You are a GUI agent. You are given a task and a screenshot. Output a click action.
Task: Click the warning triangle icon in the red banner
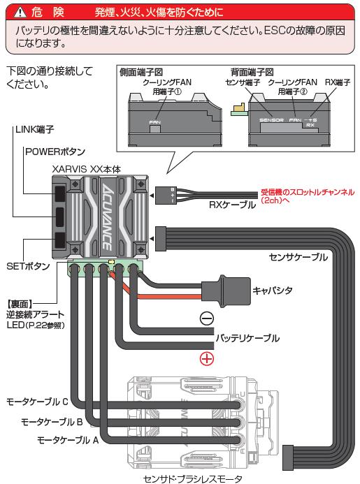pos(20,13)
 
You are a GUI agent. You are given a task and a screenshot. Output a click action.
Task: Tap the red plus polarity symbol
pos(207,359)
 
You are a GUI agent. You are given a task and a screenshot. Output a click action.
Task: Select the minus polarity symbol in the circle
pos(207,318)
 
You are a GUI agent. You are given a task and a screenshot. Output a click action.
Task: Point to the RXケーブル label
pos(232,205)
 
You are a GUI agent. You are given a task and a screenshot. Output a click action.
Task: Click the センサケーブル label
pos(298,257)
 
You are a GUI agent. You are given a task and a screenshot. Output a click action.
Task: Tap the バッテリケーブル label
pos(247,338)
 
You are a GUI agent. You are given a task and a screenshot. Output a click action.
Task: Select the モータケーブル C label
pos(37,402)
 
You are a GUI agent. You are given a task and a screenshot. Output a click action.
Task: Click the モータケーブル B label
pos(52,422)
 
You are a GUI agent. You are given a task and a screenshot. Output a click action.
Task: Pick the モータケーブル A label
pos(68,440)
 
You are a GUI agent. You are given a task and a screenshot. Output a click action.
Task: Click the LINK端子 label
pos(35,129)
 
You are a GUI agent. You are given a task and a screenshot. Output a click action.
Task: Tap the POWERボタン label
pos(55,152)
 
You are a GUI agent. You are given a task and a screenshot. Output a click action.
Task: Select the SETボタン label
pos(28,266)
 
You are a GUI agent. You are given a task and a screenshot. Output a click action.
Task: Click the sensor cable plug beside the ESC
pos(161,239)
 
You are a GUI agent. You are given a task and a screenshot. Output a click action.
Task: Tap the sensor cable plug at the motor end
pos(288,457)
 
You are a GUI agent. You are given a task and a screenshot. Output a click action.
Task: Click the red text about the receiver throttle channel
pos(308,196)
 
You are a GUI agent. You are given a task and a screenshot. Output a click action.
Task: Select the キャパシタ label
pos(272,291)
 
